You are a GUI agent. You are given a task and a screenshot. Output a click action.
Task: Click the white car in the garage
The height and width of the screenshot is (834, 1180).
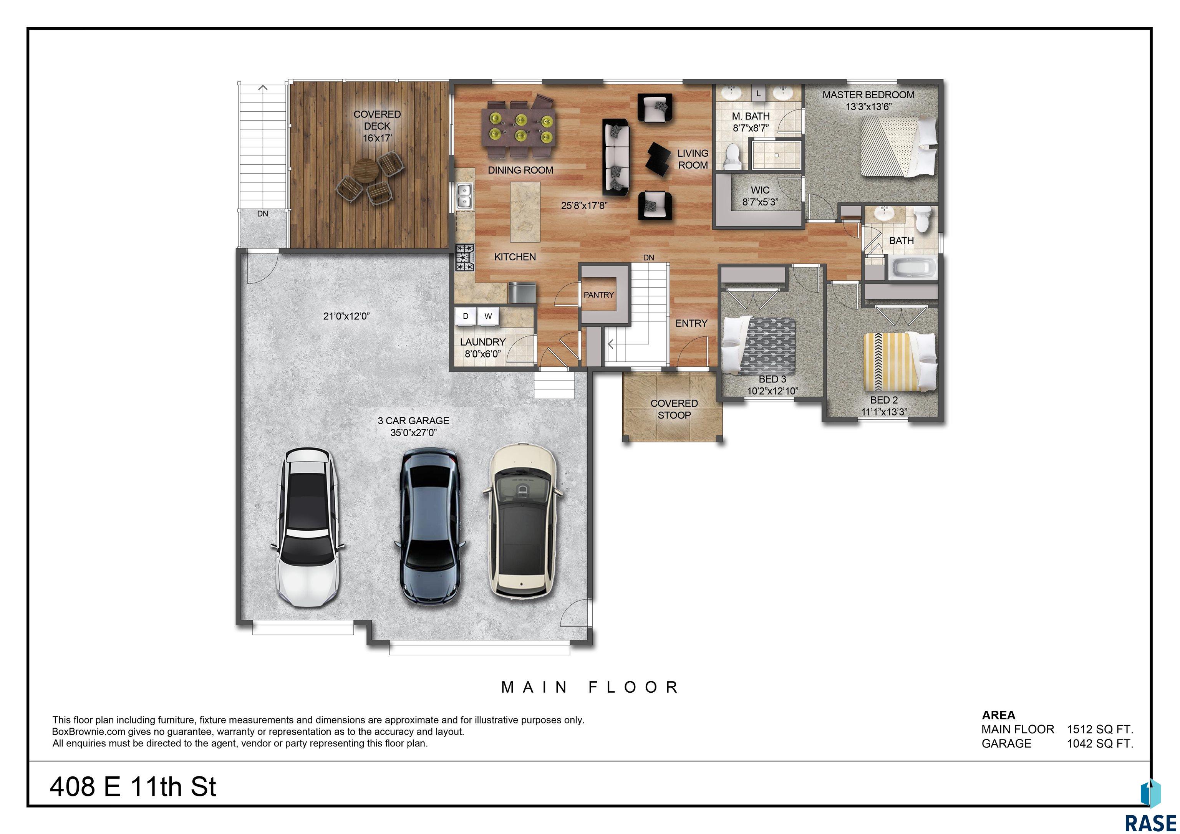point(308,528)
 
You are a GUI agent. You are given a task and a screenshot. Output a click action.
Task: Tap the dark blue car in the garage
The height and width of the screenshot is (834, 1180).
point(430,526)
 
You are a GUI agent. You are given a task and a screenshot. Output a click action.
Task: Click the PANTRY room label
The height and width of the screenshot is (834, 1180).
point(599,295)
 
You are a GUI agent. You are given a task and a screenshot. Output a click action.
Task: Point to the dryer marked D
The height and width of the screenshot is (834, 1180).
point(466,316)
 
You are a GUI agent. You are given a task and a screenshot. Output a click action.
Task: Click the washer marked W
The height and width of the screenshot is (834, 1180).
point(488,316)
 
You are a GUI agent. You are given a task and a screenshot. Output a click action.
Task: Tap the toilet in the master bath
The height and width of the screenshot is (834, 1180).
point(731,157)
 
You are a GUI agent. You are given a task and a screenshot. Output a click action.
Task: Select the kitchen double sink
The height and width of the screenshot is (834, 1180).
point(464,196)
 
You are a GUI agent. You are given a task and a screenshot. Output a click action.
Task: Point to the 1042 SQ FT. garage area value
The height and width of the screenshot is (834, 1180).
point(1100,743)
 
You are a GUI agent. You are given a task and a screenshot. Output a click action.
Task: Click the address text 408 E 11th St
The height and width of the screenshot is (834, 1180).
point(133,786)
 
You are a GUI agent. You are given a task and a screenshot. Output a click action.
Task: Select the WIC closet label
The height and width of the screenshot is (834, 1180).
point(760,190)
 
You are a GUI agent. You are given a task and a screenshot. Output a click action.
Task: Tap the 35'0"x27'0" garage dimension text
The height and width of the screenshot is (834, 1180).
point(413,433)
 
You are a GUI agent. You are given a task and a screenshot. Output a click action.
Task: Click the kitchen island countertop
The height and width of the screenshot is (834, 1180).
point(525,212)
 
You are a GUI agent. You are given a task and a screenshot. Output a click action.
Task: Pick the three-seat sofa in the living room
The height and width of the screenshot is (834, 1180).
point(616,158)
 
